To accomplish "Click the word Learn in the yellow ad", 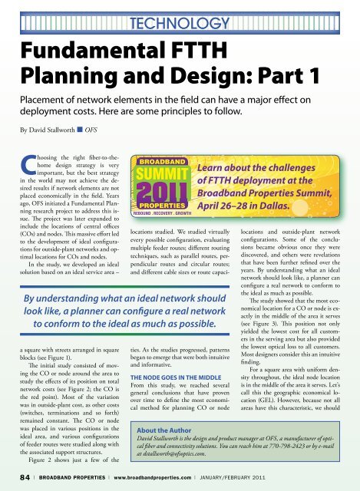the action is pyautogui.click(x=216, y=168).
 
